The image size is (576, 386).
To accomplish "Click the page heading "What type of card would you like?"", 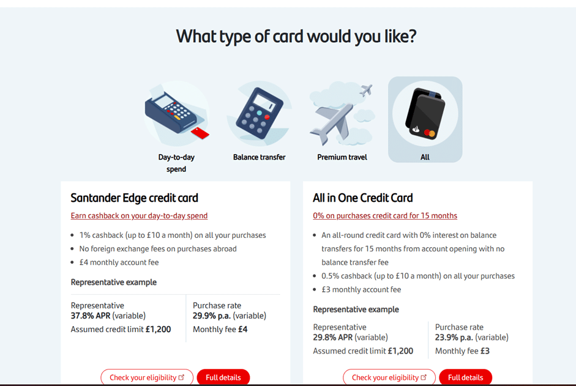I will pos(296,37).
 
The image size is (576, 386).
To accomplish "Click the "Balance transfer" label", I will pos(259,157).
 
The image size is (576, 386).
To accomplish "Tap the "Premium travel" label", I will pos(342,157).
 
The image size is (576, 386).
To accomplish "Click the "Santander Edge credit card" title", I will pos(134,198).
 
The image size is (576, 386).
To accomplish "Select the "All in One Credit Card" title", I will pos(362,198).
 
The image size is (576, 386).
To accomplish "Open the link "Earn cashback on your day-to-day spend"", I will pos(139,216).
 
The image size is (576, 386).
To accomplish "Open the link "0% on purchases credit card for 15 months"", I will pos(385,216).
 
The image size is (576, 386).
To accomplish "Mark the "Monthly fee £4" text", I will pos(220,329).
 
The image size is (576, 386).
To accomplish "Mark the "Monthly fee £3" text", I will pos(462,351).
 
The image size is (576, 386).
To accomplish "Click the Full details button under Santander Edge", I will pos(223,377).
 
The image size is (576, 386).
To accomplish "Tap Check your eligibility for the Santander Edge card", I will pos(147,377).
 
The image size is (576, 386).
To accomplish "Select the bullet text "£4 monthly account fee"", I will pos(119,262).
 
